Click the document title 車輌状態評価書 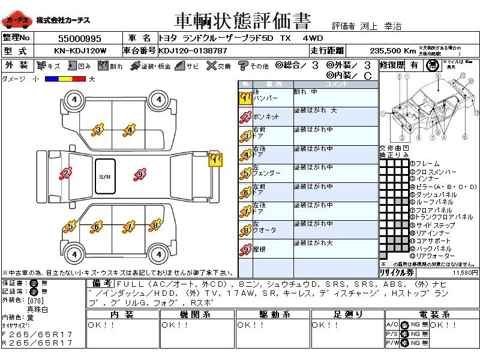point(242,21)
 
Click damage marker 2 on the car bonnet point(65,174)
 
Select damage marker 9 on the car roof point(140,175)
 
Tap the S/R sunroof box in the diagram point(105,176)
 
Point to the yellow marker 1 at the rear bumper point(215,159)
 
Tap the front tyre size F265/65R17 point(37,334)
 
